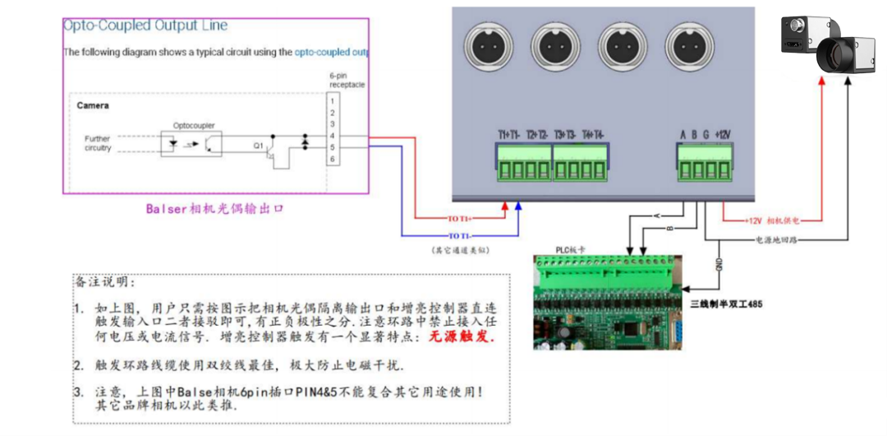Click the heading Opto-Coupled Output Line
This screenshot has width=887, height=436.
click(x=145, y=26)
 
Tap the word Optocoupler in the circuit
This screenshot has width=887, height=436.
click(x=193, y=126)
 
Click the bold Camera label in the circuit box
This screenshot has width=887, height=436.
click(x=93, y=106)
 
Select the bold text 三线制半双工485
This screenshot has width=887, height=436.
click(x=725, y=304)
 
